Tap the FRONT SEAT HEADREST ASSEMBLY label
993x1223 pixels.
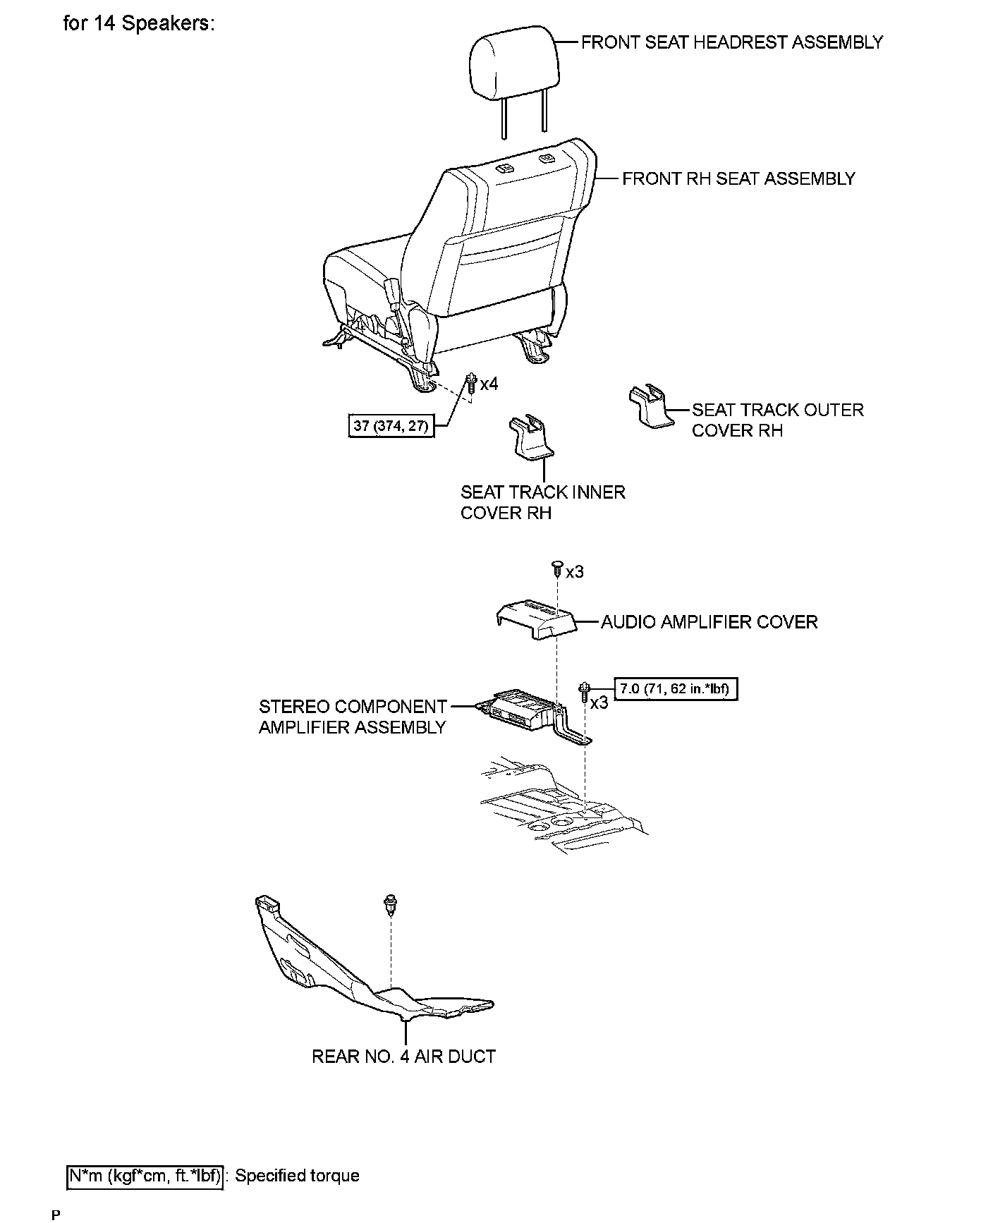coord(731,43)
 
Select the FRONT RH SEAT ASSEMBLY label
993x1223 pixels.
coord(738,179)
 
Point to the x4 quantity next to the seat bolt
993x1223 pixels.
coord(489,384)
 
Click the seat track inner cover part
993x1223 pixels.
coord(530,437)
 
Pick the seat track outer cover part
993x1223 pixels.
coord(650,406)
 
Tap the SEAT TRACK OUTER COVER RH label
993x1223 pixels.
coord(777,420)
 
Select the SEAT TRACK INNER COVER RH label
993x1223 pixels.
coord(542,502)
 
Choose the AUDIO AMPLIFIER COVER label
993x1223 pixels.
coord(709,622)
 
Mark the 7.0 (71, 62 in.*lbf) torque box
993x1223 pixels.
coord(676,688)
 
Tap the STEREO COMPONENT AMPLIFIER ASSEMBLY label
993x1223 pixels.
coord(353,717)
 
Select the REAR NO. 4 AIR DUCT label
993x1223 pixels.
coord(403,1057)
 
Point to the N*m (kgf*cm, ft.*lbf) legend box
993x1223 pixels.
coord(145,1176)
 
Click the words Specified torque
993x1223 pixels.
coord(297,1176)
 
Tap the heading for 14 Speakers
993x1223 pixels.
coord(138,23)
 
